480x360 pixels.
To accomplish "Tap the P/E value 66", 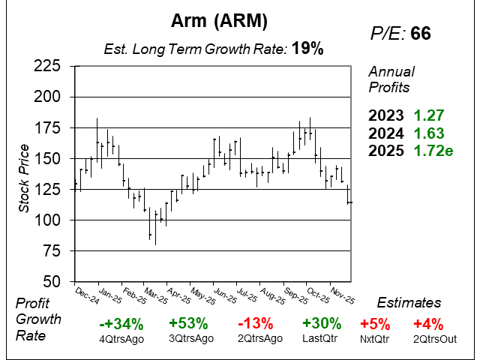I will pyautogui.click(x=420, y=34).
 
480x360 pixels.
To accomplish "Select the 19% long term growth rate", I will pyautogui.click(x=308, y=49).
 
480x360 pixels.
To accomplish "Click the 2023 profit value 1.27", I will pyautogui.click(x=429, y=116).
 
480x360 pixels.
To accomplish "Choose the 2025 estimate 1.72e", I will pyautogui.click(x=433, y=151).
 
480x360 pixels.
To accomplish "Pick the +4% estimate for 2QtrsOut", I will pyautogui.click(x=428, y=324).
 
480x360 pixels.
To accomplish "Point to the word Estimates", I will pyautogui.click(x=409, y=303).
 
